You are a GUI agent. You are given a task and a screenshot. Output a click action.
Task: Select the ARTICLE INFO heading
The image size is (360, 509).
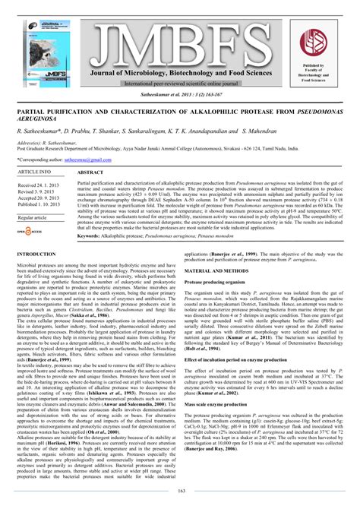(x=36, y=172)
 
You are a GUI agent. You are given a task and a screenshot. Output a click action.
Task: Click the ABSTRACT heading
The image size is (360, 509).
(x=91, y=173)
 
